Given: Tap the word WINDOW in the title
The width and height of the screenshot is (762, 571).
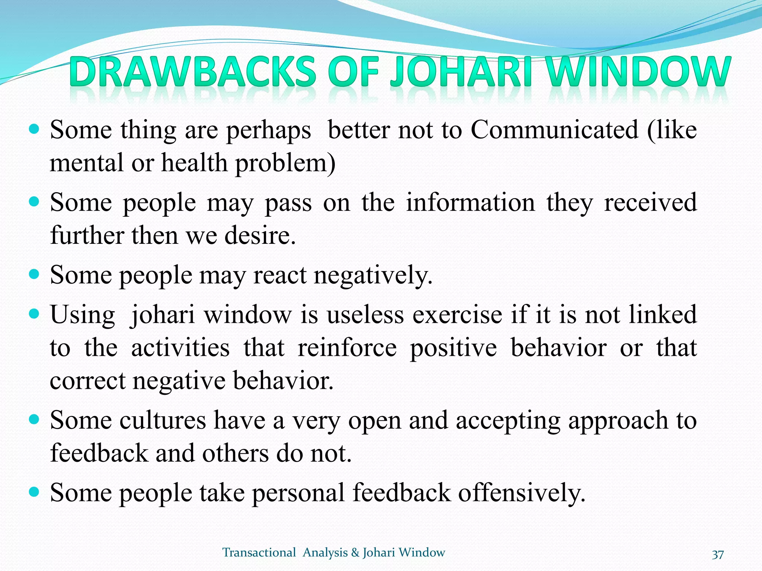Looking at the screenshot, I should [x=637, y=71].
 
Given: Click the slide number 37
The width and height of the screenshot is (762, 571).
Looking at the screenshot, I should [x=718, y=554].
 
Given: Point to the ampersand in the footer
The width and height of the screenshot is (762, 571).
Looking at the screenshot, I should [x=355, y=553].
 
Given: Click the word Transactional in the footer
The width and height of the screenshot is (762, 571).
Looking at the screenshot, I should [x=259, y=553].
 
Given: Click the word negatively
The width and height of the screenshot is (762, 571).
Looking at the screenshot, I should [x=373, y=275].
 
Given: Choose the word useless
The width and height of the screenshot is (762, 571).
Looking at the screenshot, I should [x=365, y=314].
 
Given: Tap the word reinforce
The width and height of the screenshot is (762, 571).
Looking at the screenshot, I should [x=347, y=348].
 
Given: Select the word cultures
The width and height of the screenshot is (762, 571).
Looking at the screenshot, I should [x=163, y=420].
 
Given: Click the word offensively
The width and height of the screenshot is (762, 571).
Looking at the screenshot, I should [x=522, y=493].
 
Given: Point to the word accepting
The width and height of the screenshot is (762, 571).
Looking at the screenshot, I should [x=508, y=420].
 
